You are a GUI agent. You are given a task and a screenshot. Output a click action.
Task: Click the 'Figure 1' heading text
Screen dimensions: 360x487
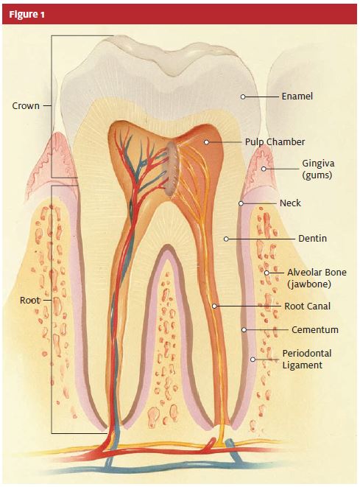pyautogui.click(x=27, y=14)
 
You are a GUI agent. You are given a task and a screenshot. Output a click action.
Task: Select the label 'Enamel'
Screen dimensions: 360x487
pyautogui.click(x=297, y=97)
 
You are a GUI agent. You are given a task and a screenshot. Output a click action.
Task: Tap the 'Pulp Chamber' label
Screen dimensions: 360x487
pyautogui.click(x=275, y=142)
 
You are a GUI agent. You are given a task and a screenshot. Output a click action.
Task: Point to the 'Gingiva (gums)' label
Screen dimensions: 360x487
pyautogui.click(x=318, y=169)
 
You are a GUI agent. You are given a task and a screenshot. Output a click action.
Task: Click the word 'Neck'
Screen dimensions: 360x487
pyautogui.click(x=290, y=203)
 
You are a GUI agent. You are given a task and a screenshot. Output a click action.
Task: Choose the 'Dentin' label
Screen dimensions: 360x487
pyautogui.click(x=312, y=239)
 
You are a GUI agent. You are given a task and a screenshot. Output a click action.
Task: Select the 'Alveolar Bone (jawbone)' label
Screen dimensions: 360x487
pyautogui.click(x=317, y=278)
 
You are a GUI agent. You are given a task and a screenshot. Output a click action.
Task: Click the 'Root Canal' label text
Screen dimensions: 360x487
pyautogui.click(x=307, y=306)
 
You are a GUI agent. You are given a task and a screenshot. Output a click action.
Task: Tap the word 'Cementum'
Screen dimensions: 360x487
pyautogui.click(x=314, y=329)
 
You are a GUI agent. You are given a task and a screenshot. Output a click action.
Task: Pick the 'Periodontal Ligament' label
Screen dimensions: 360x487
pyautogui.click(x=306, y=360)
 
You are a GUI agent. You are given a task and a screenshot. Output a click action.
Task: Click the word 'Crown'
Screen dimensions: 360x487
pyautogui.click(x=26, y=106)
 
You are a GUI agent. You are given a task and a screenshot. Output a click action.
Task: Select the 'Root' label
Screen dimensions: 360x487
pyautogui.click(x=29, y=301)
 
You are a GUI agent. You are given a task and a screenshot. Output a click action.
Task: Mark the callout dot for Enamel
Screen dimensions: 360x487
pyautogui.click(x=243, y=97)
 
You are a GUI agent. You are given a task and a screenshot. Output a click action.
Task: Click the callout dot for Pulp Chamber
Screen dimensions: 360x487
pyautogui.click(x=206, y=142)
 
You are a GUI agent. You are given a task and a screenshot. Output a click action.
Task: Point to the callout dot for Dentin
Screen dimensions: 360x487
pyautogui.click(x=226, y=239)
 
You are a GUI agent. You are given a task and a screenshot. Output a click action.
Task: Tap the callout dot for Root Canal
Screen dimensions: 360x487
pyautogui.click(x=214, y=306)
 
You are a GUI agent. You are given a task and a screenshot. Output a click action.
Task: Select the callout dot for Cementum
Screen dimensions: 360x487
pyautogui.click(x=244, y=329)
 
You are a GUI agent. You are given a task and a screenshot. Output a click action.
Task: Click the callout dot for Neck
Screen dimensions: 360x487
pyautogui.click(x=241, y=203)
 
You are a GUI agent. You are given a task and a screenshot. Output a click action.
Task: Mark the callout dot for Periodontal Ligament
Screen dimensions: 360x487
pyautogui.click(x=253, y=360)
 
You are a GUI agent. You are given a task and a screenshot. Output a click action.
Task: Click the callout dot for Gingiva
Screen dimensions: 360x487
pyautogui.click(x=264, y=169)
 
